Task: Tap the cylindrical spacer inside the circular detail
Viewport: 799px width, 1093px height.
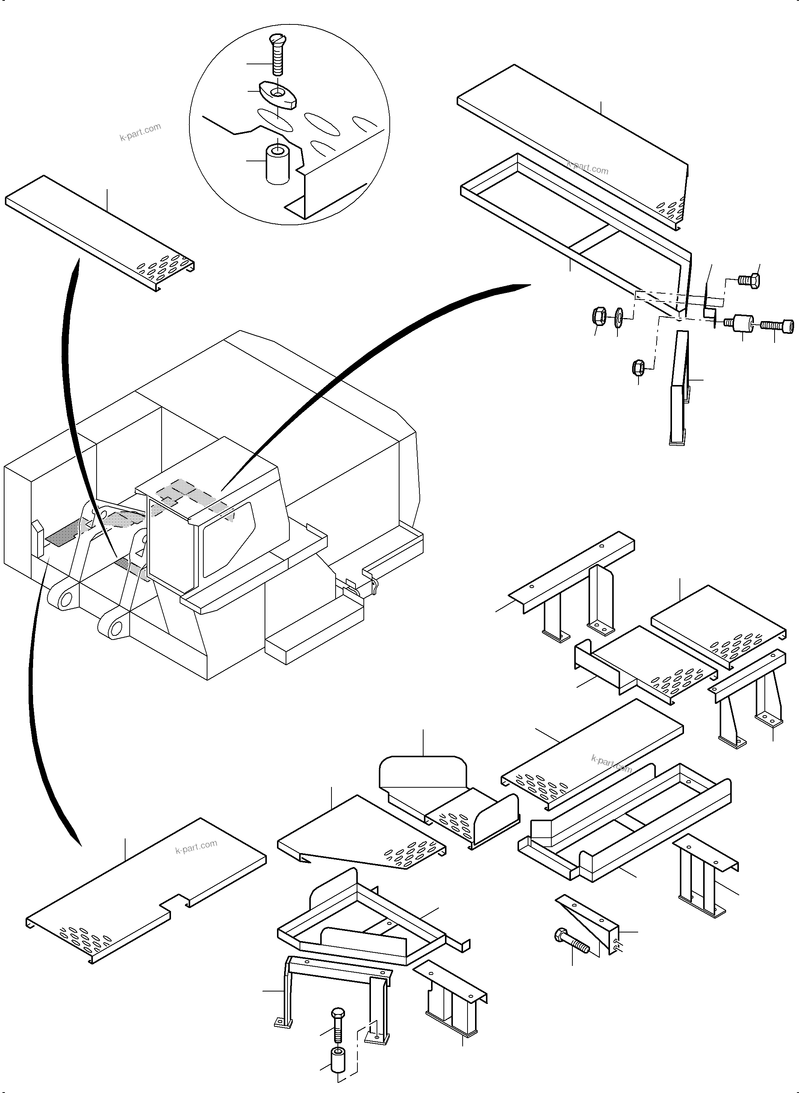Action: pyautogui.click(x=278, y=162)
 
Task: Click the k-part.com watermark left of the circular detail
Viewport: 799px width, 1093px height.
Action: pyautogui.click(x=140, y=132)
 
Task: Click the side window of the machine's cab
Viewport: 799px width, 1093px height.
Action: pyautogui.click(x=227, y=537)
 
